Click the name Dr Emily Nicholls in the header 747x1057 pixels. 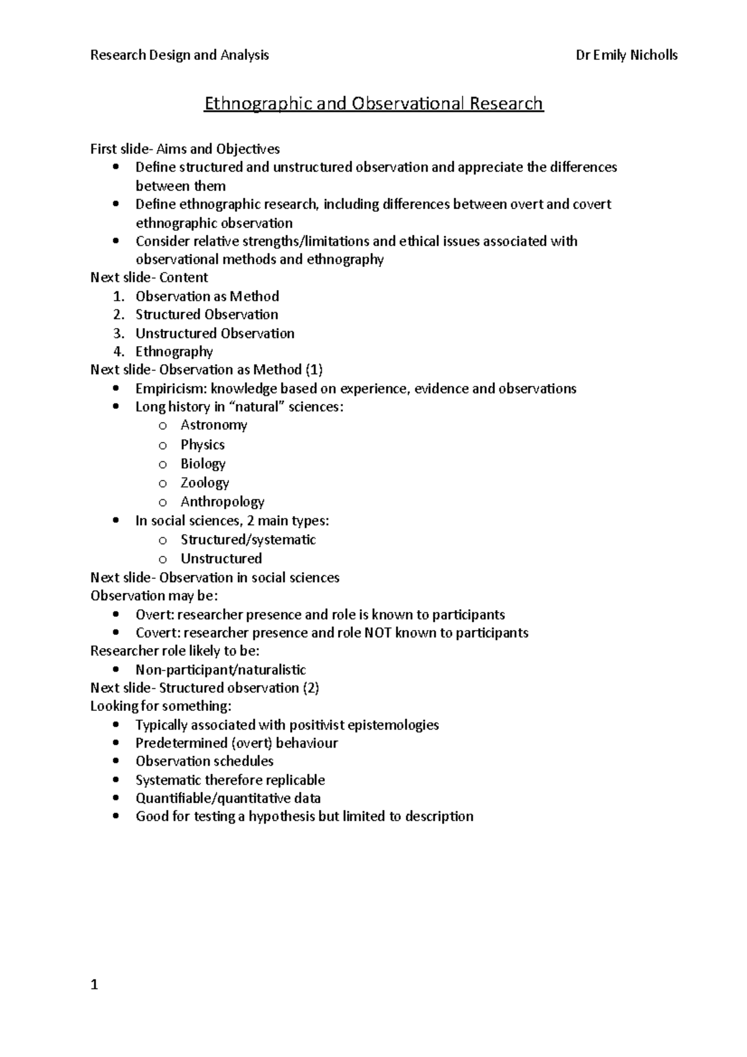click(x=626, y=55)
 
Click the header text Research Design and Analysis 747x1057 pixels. click(x=179, y=55)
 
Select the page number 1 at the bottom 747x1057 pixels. click(x=94, y=985)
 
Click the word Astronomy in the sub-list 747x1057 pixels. click(x=214, y=425)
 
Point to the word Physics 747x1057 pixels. click(x=202, y=444)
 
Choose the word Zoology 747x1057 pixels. click(x=205, y=482)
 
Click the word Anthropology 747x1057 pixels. click(x=222, y=502)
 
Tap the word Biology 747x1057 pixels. click(x=203, y=464)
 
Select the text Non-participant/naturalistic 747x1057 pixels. click(x=220, y=670)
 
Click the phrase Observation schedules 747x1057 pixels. click(x=204, y=761)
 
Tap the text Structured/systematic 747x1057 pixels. click(x=248, y=540)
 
